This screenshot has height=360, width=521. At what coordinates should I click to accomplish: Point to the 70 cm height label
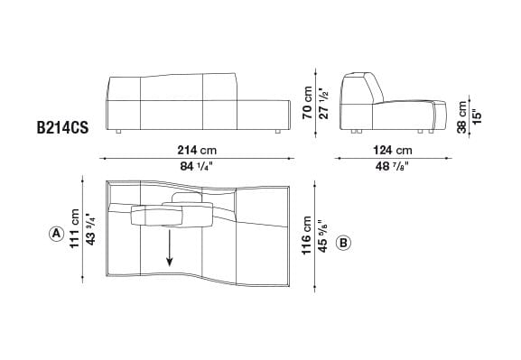point(307,100)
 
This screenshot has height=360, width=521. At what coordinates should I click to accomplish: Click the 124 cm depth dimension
point(391,151)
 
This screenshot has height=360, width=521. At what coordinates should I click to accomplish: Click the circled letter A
point(56,234)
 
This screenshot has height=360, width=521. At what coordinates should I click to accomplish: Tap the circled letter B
point(343,243)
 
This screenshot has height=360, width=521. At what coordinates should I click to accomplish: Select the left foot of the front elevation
point(119,132)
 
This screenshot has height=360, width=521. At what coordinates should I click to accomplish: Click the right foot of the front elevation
point(275,132)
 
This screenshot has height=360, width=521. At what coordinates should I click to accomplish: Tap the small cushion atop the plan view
point(187,198)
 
